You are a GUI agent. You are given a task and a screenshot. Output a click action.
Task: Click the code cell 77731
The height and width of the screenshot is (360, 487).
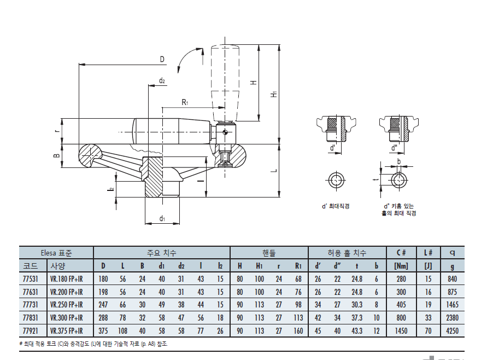click(x=30, y=305)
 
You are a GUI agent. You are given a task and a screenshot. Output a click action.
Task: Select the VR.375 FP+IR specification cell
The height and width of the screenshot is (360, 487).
click(x=67, y=331)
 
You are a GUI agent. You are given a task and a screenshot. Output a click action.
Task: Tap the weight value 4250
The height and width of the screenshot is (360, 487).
click(x=452, y=331)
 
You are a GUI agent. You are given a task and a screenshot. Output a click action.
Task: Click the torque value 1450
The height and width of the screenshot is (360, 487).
click(x=401, y=331)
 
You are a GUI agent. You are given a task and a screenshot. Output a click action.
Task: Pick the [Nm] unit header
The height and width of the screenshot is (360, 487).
click(x=401, y=266)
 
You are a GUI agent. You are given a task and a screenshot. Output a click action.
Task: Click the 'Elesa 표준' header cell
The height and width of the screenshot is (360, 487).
click(x=56, y=253)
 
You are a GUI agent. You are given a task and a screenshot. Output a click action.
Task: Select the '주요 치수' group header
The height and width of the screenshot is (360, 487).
click(x=161, y=253)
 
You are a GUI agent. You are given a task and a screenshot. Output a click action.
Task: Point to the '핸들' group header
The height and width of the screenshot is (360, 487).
click(x=269, y=253)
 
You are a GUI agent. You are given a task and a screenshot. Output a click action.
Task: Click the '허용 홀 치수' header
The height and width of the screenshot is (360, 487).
click(x=347, y=253)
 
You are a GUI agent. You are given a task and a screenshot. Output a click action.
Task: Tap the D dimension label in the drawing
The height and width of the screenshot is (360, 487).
click(x=162, y=60)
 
